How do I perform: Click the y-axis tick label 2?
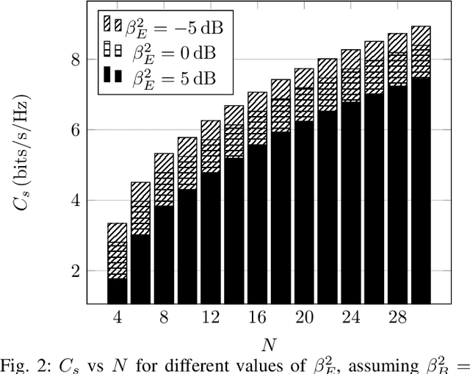click(75, 271)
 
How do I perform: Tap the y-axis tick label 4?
click(75, 201)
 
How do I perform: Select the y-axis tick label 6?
click(75, 130)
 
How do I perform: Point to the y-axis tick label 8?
click(75, 60)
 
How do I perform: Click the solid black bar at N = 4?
click(117, 291)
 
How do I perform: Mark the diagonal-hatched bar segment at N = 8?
click(164, 163)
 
